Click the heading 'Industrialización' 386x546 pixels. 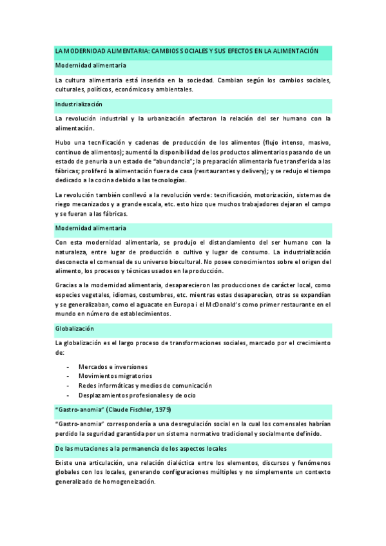coord(79,104)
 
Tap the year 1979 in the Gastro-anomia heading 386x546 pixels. coord(162,409)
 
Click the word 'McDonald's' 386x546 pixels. coord(224,304)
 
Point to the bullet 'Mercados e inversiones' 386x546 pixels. coord(113,366)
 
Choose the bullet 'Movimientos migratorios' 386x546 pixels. coord(115,375)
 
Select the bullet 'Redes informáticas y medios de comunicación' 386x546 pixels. coord(145,385)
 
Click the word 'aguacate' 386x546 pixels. coord(157,304)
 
